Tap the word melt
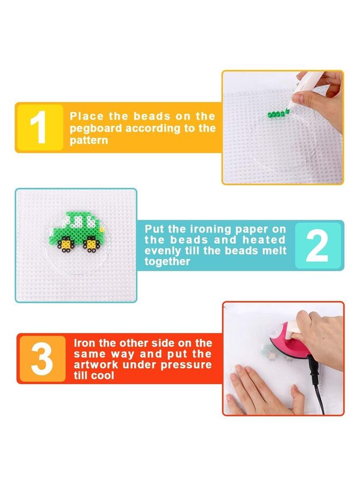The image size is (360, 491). coord(272,251)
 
